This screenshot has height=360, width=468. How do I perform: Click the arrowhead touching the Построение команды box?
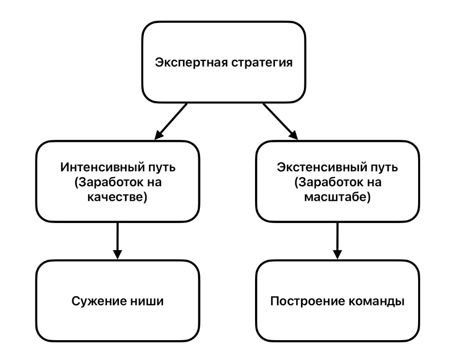[337, 255]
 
